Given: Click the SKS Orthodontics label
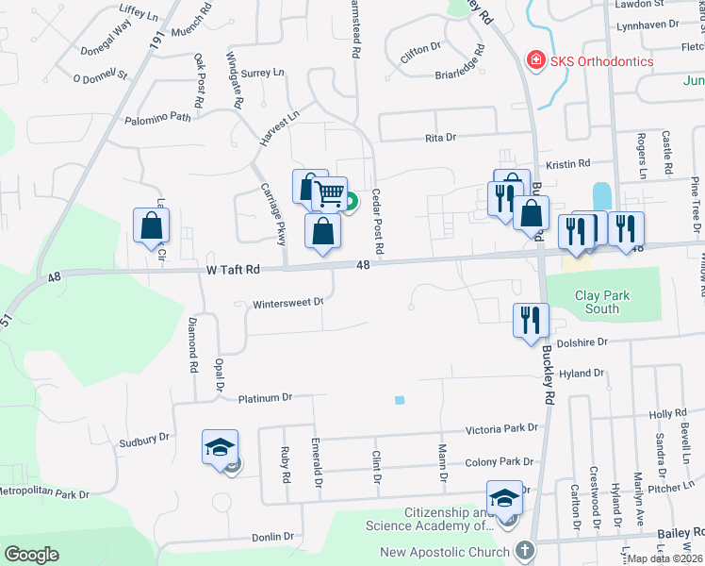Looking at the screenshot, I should (x=602, y=61).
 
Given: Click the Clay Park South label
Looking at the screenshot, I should (x=602, y=302).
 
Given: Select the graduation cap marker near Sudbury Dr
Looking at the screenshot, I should (x=220, y=446).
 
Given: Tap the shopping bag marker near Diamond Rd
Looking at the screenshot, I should (x=152, y=225).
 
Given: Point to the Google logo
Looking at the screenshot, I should (x=31, y=555).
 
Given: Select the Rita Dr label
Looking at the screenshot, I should (x=440, y=138).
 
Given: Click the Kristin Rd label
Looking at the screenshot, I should (x=573, y=163).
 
